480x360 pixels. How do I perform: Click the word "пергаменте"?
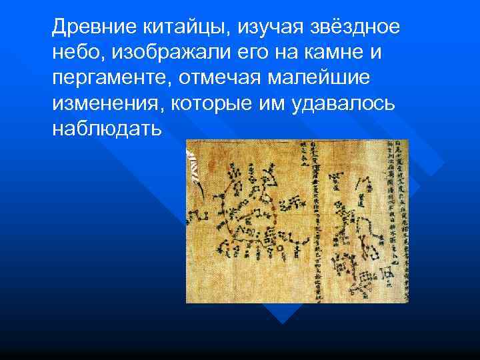click(x=110, y=78)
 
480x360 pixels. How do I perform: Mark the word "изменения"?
click(x=106, y=103)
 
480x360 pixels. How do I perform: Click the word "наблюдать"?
click(x=106, y=129)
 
